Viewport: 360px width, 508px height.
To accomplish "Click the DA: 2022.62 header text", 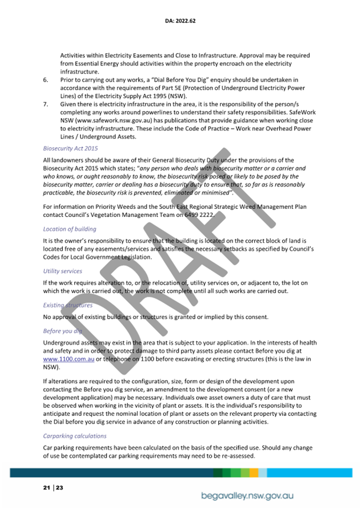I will [179, 21].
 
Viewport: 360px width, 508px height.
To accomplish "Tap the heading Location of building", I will [69, 229].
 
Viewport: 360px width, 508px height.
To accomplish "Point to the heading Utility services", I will [62, 271].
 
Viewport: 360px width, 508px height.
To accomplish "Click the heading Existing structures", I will [68, 305].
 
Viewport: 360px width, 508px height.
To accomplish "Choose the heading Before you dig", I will [61, 331].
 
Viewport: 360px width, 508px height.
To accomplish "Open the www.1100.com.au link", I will [69, 359].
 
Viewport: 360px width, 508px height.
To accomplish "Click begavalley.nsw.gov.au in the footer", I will [247, 496].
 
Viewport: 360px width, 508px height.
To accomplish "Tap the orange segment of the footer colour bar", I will [254, 473].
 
